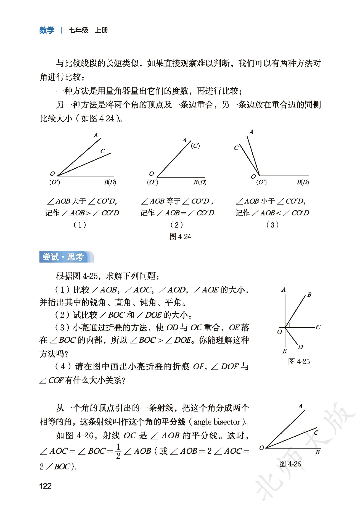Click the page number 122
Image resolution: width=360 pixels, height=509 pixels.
point(45,486)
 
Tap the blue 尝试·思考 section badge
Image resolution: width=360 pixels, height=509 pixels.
point(63,257)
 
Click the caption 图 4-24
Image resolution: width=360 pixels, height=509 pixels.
point(180,237)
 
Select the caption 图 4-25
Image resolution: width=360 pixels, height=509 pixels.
point(299,362)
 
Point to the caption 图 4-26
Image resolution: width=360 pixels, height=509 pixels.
point(290,464)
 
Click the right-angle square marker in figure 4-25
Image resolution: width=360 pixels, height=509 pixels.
point(287,325)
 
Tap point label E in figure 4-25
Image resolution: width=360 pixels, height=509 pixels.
point(284,351)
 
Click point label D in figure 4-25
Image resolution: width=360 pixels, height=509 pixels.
point(300,347)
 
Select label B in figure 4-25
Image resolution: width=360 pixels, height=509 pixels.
point(309,295)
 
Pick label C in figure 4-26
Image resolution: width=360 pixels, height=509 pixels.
point(316,432)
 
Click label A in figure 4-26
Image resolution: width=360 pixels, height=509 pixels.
point(300,406)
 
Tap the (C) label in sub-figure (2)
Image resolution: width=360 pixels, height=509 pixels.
point(195,146)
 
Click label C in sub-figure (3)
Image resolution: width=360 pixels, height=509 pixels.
point(236,148)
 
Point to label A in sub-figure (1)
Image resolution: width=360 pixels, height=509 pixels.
point(96,135)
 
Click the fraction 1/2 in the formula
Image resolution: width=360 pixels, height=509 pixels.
point(118,451)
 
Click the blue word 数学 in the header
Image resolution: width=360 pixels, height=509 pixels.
point(47,30)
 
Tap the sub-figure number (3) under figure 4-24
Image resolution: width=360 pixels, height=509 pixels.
point(272,225)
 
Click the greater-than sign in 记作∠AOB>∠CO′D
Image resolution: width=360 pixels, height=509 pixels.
point(88,213)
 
